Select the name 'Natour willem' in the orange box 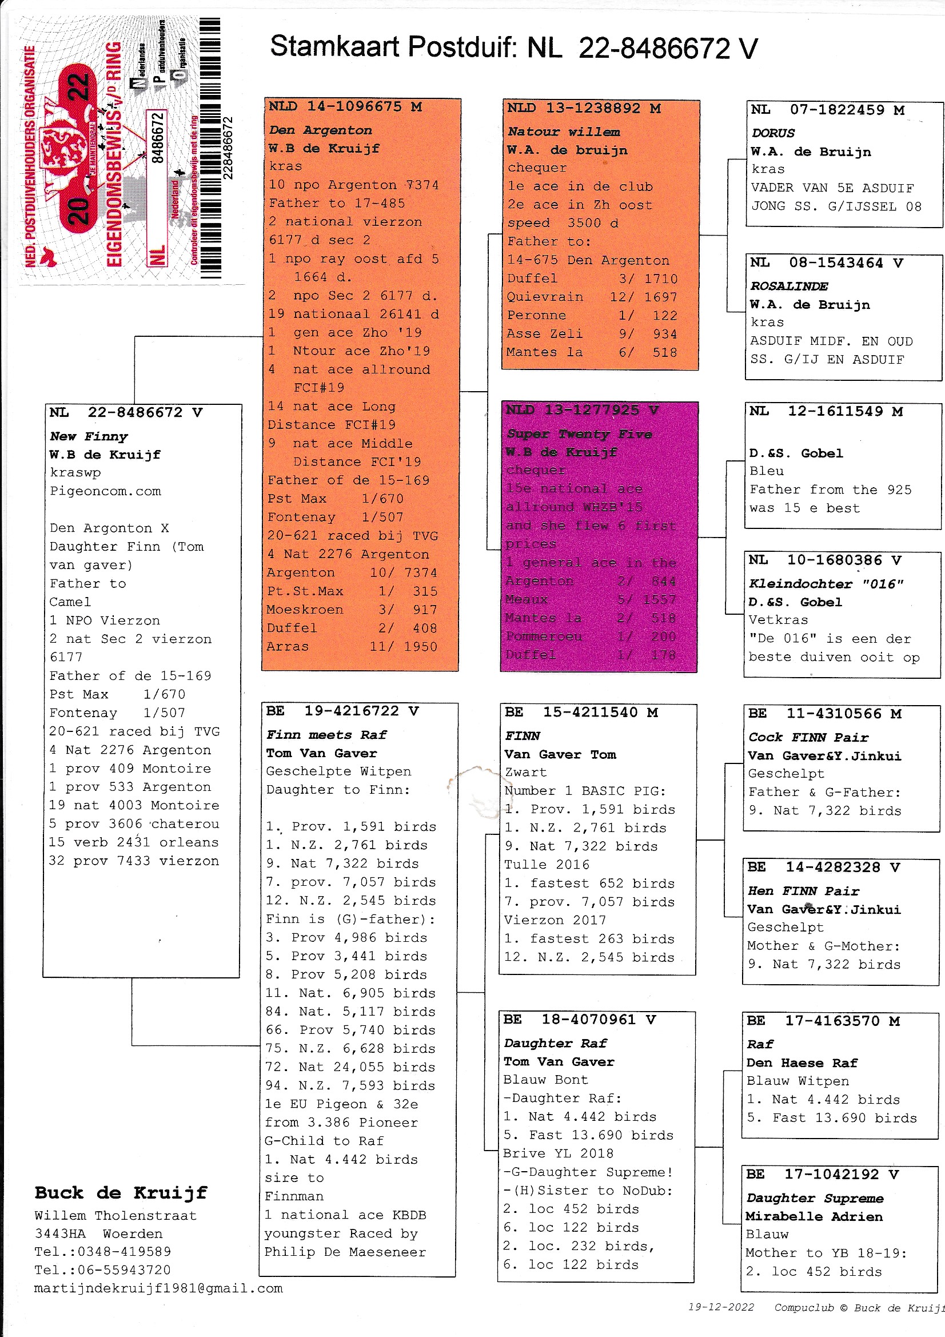(x=563, y=132)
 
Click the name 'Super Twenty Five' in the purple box (x=579, y=434)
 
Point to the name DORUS (x=773, y=133)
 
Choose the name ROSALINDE (x=789, y=286)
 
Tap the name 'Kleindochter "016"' (x=825, y=584)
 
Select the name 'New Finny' (x=89, y=436)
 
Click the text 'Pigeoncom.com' (x=105, y=491)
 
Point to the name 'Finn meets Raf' (x=326, y=735)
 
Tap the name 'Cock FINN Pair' (x=808, y=737)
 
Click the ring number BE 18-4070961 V (x=579, y=1019)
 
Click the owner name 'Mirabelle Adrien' (x=814, y=1216)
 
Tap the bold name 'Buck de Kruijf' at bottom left (x=121, y=1192)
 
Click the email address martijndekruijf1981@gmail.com (x=158, y=1288)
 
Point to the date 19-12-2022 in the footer (x=721, y=1307)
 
